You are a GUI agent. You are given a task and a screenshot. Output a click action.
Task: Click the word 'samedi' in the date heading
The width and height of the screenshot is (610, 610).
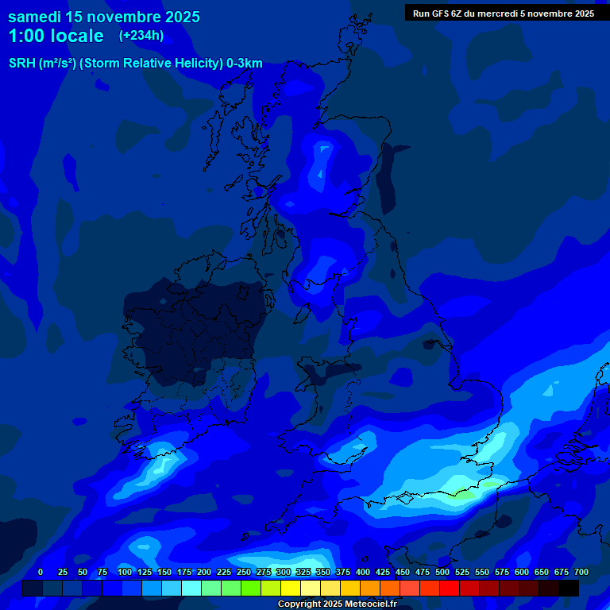pyautogui.click(x=35, y=17)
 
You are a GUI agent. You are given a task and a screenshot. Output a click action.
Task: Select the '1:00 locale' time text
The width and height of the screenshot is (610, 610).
pyautogui.click(x=56, y=36)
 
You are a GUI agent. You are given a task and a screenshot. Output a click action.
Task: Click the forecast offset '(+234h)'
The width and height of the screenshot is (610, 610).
pyautogui.click(x=141, y=35)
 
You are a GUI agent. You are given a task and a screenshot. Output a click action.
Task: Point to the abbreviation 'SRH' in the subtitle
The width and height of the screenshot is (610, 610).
pyautogui.click(x=22, y=64)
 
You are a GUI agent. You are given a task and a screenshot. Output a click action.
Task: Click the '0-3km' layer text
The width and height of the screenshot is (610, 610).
pyautogui.click(x=245, y=64)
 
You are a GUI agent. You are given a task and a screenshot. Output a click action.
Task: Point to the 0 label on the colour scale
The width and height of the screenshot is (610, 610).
pyautogui.click(x=41, y=572)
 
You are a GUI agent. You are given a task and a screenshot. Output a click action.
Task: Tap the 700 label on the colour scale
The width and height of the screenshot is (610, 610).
pyautogui.click(x=581, y=572)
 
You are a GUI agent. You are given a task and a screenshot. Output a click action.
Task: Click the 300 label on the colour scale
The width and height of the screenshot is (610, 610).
pyautogui.click(x=284, y=572)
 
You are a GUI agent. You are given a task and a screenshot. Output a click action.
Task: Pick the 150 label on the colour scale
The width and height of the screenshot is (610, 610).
pyautogui.click(x=164, y=572)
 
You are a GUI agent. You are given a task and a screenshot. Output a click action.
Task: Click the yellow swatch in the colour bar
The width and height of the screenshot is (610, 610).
pyautogui.click(x=291, y=588)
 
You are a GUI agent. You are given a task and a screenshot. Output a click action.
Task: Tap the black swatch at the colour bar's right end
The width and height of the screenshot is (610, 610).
pyautogui.click(x=569, y=588)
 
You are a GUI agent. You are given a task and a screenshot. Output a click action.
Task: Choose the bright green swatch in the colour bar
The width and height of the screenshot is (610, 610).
pyautogui.click(x=251, y=588)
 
